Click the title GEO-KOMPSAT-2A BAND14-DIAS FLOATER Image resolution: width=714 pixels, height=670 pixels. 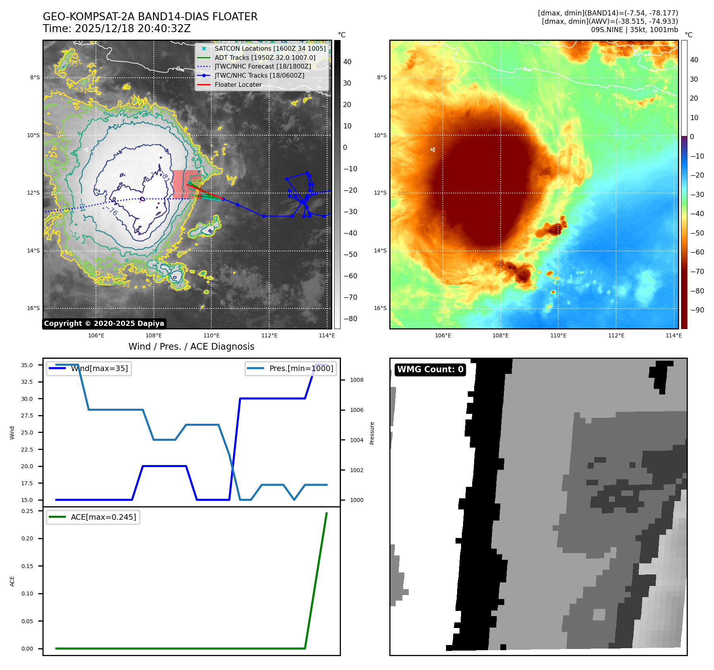coord(150,17)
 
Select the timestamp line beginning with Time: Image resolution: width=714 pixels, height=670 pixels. coord(117,29)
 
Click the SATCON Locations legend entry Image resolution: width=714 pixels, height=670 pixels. coord(270,48)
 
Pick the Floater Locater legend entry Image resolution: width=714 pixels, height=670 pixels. coord(238,84)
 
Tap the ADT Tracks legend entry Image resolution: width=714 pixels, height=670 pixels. coord(265,57)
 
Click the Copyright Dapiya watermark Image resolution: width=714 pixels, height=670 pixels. coord(104,324)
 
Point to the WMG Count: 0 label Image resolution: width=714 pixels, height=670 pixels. coord(430,369)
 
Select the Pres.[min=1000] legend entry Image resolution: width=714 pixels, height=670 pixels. coord(301,368)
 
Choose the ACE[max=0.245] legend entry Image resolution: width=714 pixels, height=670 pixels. coord(103,517)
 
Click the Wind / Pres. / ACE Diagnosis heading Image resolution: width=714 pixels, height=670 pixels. coord(191,346)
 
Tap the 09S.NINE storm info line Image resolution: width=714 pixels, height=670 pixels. coord(634,30)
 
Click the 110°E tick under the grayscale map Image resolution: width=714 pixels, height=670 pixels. coord(211,335)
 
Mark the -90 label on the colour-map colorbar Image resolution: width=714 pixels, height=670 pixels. coord(697,310)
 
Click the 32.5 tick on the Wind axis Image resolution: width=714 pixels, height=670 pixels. coord(27,382)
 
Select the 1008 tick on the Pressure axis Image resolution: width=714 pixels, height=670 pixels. coord(357,380)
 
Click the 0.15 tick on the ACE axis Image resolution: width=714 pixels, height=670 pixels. coord(27,566)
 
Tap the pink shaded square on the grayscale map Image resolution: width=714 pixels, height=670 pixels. coord(186,184)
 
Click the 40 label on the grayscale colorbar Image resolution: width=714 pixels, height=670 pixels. coord(347,62)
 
